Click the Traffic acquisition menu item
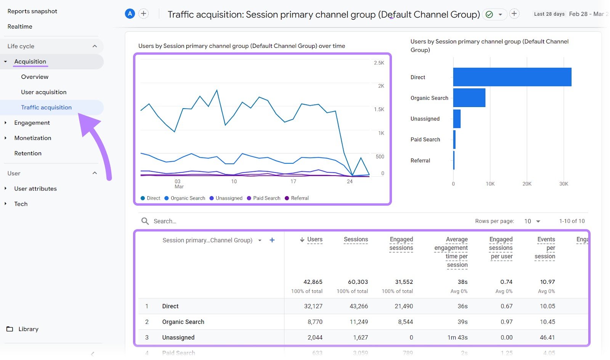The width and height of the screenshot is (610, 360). point(46,107)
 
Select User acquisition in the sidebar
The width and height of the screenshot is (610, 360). point(43,92)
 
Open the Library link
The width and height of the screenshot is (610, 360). point(28,329)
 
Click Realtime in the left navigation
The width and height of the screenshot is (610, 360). point(20,27)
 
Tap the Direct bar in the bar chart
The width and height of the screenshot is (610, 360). point(512,77)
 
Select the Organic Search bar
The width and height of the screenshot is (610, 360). point(469,98)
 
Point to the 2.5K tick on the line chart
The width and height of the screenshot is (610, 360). point(379,63)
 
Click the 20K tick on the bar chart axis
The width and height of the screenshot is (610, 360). point(527,184)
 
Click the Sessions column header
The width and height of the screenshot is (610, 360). point(355,240)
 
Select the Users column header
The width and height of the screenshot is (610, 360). point(315,240)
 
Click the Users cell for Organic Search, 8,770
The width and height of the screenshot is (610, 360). point(315,322)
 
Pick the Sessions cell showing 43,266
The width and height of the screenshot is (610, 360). point(358,306)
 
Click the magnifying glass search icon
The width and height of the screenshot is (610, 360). point(145,221)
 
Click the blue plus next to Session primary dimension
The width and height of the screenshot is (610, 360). point(272,240)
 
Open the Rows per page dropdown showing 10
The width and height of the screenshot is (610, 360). point(532,221)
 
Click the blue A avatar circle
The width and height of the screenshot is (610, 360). point(130,14)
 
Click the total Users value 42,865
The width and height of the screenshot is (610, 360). point(313,282)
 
